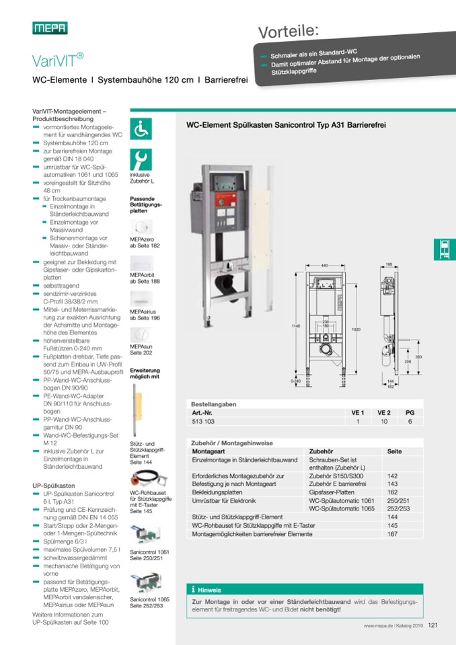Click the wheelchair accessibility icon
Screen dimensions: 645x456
(x=141, y=128)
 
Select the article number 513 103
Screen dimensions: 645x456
(x=204, y=421)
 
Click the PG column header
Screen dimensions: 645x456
(x=410, y=412)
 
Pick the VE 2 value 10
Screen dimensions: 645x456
(x=383, y=421)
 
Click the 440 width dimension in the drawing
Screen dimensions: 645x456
(x=325, y=266)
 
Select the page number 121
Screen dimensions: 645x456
(x=432, y=625)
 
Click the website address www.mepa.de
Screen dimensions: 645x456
(x=378, y=625)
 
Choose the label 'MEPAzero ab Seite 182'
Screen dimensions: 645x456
(x=145, y=243)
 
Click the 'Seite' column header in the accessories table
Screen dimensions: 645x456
(x=395, y=451)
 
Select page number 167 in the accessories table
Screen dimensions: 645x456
(x=393, y=534)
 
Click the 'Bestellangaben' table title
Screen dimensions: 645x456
(x=213, y=404)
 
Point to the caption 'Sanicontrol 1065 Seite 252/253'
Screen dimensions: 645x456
(x=149, y=602)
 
